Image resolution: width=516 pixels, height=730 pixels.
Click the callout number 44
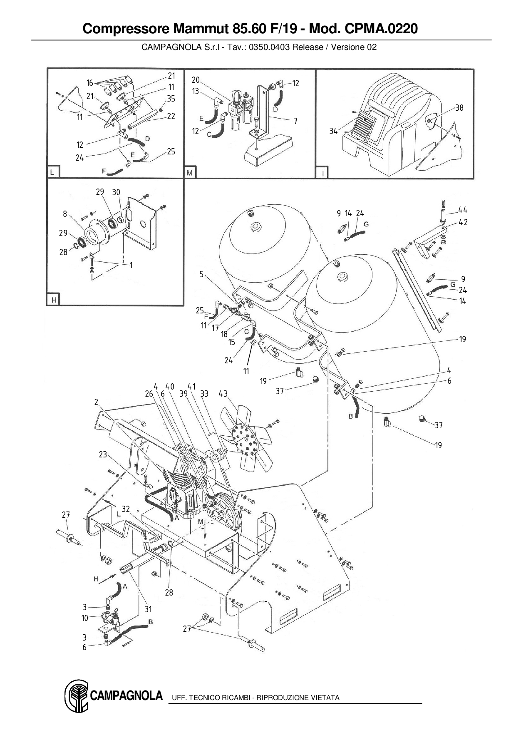[x=463, y=210]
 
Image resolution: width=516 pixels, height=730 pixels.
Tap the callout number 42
[x=463, y=222]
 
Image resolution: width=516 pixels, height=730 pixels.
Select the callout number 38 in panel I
[x=459, y=108]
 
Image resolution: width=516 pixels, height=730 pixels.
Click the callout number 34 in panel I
[x=333, y=132]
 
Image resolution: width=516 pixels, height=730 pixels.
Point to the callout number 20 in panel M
[x=196, y=80]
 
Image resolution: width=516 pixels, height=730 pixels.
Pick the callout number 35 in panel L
[x=171, y=99]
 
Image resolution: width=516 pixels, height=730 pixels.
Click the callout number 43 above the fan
[x=223, y=394]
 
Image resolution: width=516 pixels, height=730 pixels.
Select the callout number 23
[x=103, y=454]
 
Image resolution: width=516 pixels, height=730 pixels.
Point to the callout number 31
[x=148, y=609]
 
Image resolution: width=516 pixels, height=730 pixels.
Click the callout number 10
[x=85, y=618]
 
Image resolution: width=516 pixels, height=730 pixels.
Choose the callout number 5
[x=201, y=275]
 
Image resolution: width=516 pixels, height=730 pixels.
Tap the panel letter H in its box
[x=54, y=300]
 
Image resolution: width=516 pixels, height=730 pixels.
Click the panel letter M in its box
[x=190, y=172]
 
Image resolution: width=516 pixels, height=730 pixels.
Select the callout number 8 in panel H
[x=65, y=214]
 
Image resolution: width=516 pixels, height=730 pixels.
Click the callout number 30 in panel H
[x=116, y=192]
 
